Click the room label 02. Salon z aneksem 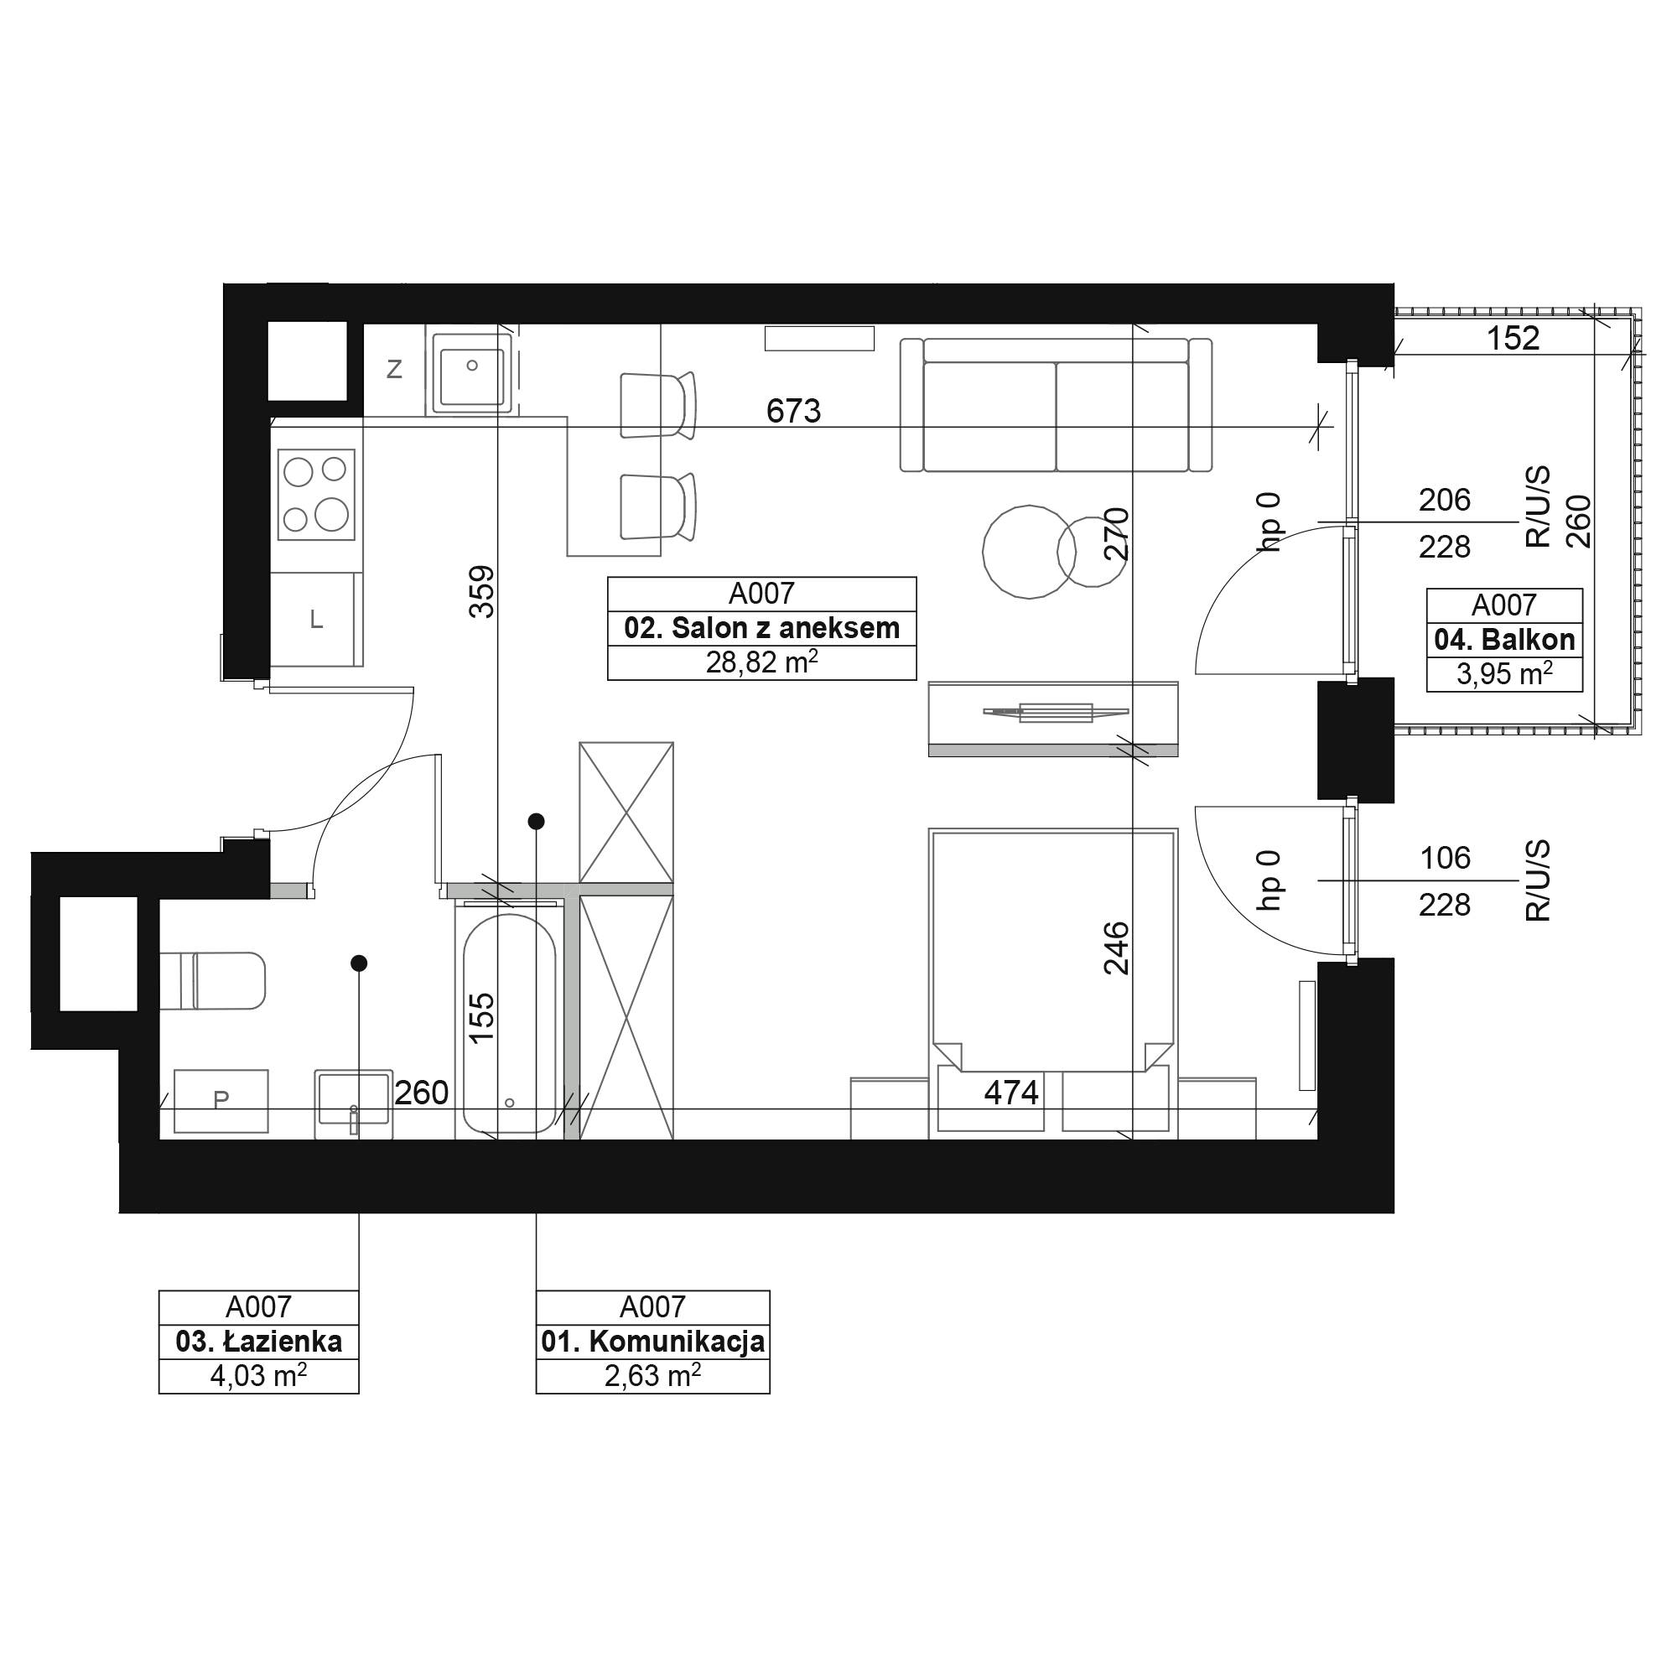tap(761, 628)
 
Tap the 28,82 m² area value tap(761, 663)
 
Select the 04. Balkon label tap(1504, 640)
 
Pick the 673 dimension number tap(793, 411)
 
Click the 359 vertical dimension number tap(482, 592)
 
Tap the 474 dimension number tap(1011, 1092)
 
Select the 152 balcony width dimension tap(1513, 338)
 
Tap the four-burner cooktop tap(316, 495)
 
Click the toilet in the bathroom tap(213, 981)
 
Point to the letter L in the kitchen tap(317, 620)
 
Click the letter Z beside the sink tap(394, 370)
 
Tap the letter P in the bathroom tap(221, 1100)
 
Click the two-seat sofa tap(1056, 404)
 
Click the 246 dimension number tap(1117, 948)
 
